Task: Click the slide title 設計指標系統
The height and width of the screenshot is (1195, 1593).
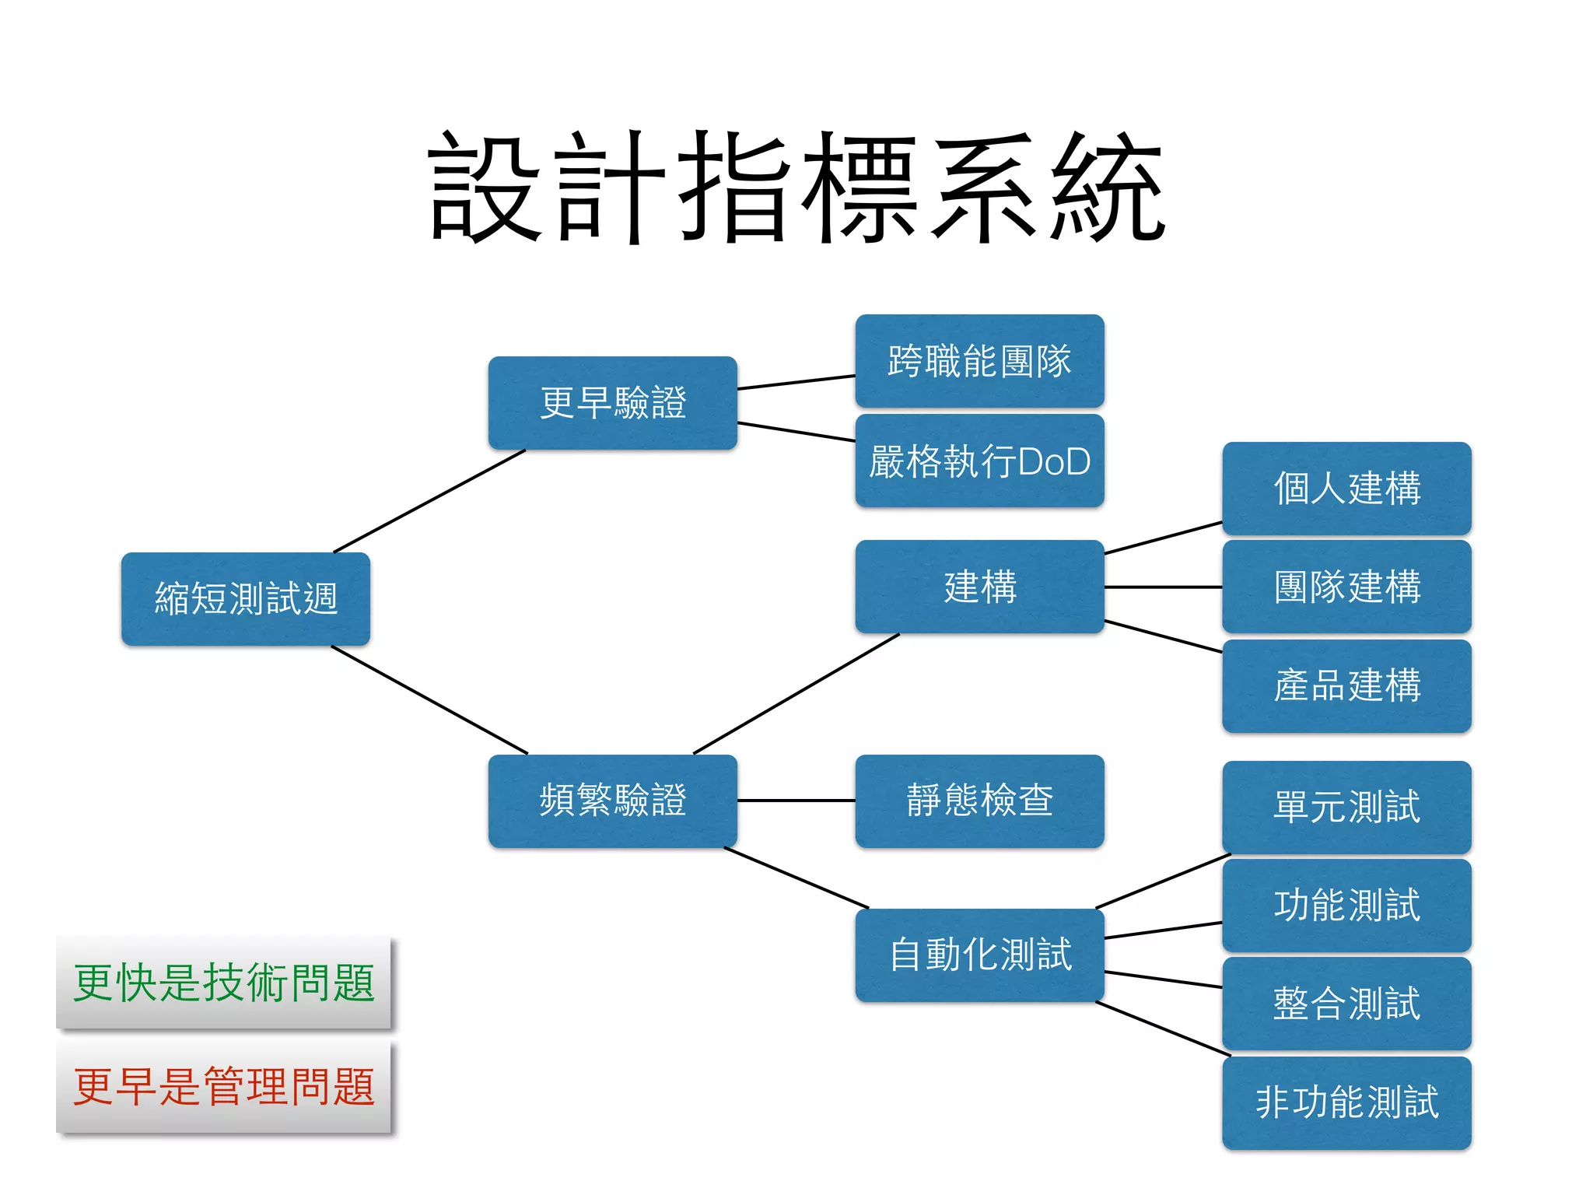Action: [796, 187]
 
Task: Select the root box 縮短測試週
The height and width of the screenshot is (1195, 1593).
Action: [246, 598]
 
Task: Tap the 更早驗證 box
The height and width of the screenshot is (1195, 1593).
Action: [613, 402]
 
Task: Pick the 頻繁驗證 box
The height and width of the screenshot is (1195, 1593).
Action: [613, 801]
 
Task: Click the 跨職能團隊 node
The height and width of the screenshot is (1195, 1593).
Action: [979, 360]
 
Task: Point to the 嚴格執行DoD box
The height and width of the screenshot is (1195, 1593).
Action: [979, 461]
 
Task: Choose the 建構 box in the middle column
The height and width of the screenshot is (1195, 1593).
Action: [979, 587]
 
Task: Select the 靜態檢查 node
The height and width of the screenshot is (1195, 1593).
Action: [979, 801]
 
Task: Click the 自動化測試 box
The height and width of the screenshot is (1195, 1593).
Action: [979, 955]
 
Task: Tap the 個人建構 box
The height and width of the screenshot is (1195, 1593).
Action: [1346, 488]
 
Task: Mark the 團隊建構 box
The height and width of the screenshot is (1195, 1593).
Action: [1346, 587]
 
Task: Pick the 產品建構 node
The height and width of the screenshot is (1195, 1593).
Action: [1346, 685]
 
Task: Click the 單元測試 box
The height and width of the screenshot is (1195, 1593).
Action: [1346, 807]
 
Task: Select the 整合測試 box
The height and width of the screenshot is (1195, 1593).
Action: [1346, 1003]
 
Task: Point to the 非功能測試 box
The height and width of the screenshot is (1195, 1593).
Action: [1346, 1102]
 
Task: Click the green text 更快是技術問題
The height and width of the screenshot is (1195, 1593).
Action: [223, 983]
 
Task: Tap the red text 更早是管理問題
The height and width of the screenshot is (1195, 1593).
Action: [223, 1087]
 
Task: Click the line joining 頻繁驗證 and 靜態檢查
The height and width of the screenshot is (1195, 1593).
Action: [796, 801]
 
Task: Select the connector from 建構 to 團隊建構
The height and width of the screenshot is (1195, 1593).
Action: [1163, 587]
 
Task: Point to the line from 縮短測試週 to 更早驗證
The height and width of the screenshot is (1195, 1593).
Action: [429, 501]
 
